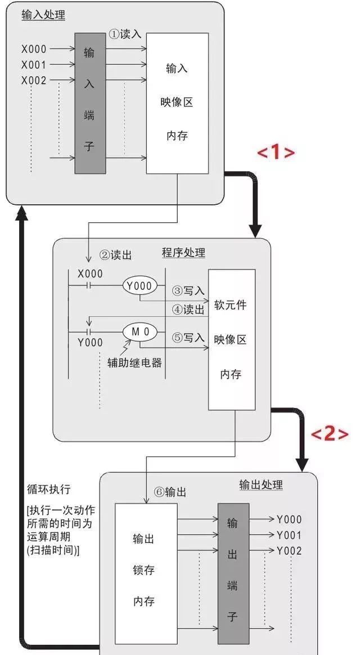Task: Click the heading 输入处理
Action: pos(43,15)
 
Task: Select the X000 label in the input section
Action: pos(34,50)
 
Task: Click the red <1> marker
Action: pos(276,152)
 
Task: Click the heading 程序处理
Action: pos(183,253)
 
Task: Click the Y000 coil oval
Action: pos(138,286)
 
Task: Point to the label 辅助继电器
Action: pos(134,362)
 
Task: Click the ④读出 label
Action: pos(188,310)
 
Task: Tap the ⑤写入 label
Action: pos(188,338)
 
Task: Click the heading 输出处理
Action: pos(260,484)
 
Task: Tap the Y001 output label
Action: pos(289,535)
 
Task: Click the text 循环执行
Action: pos(48,487)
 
